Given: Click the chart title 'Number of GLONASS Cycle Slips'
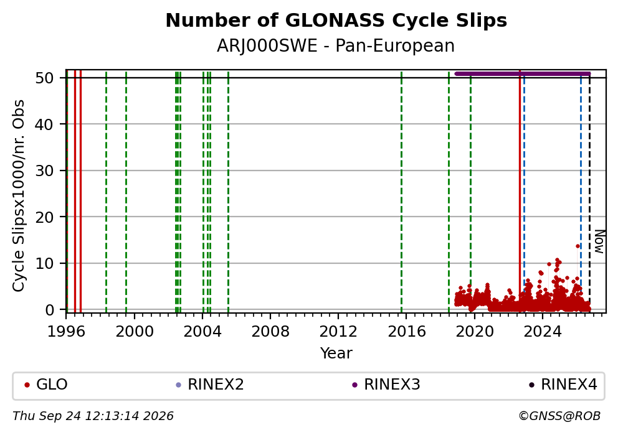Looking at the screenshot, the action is tap(336, 21).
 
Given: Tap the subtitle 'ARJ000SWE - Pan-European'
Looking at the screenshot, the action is tap(336, 45).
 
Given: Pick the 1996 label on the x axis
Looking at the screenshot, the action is tap(66, 332).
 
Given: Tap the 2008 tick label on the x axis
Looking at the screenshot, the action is tap(270, 332).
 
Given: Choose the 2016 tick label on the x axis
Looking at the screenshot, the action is tap(407, 332).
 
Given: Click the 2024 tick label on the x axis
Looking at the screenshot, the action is tap(543, 332).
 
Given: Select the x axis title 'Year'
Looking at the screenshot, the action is tap(336, 353).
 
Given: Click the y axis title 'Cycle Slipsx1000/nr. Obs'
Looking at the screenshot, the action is tap(19, 195).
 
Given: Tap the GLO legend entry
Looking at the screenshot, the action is tap(45, 385).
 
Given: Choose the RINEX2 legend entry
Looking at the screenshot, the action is tap(210, 385).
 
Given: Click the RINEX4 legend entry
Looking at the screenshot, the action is tap(564, 385).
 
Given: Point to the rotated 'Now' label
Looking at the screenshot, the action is tap(599, 241).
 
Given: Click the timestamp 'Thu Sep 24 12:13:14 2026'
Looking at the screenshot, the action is tap(93, 416).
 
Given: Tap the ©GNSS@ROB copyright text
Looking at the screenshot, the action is tap(559, 416).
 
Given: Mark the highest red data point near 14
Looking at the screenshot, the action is tap(578, 246).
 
